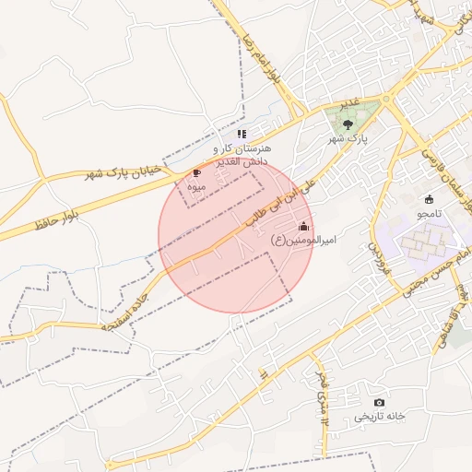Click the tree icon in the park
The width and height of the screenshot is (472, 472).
click(348, 124)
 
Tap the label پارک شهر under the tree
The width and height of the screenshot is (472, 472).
click(348, 138)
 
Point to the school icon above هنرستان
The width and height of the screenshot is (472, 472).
click(242, 134)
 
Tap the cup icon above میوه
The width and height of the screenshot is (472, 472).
click(196, 172)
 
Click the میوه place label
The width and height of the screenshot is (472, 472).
click(196, 186)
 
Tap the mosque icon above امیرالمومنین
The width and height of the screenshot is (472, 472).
click(304, 226)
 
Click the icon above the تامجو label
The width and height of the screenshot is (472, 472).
click(429, 199)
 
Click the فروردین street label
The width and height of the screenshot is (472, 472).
click(376, 262)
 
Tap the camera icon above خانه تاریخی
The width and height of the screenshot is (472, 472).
click(379, 402)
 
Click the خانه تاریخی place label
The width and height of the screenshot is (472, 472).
click(379, 417)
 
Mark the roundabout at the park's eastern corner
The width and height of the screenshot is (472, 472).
click(386, 99)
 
